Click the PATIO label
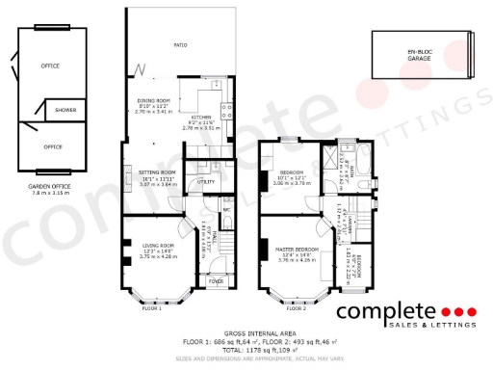[x=180, y=45]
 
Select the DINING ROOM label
[x=155, y=100]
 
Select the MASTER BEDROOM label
[x=296, y=248]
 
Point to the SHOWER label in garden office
[x=65, y=111]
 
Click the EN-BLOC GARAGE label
[x=419, y=53]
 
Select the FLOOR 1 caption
[x=152, y=308]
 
